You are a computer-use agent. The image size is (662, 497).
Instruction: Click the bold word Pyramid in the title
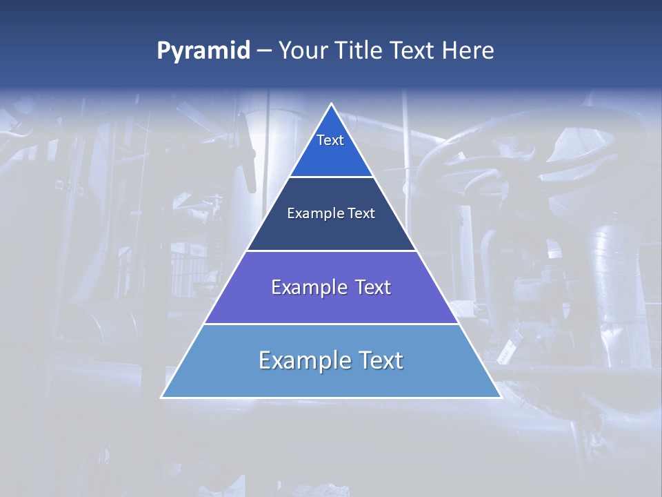point(203,51)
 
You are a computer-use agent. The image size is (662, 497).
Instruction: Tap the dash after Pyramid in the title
point(264,51)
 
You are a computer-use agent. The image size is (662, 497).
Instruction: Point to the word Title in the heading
point(360,51)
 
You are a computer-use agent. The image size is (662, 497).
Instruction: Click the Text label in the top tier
point(330,140)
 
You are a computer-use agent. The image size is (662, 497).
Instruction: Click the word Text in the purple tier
point(373,287)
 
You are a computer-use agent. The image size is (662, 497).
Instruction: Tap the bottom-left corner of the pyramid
point(162,397)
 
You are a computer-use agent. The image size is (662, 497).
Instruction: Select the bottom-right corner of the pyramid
point(501,397)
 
